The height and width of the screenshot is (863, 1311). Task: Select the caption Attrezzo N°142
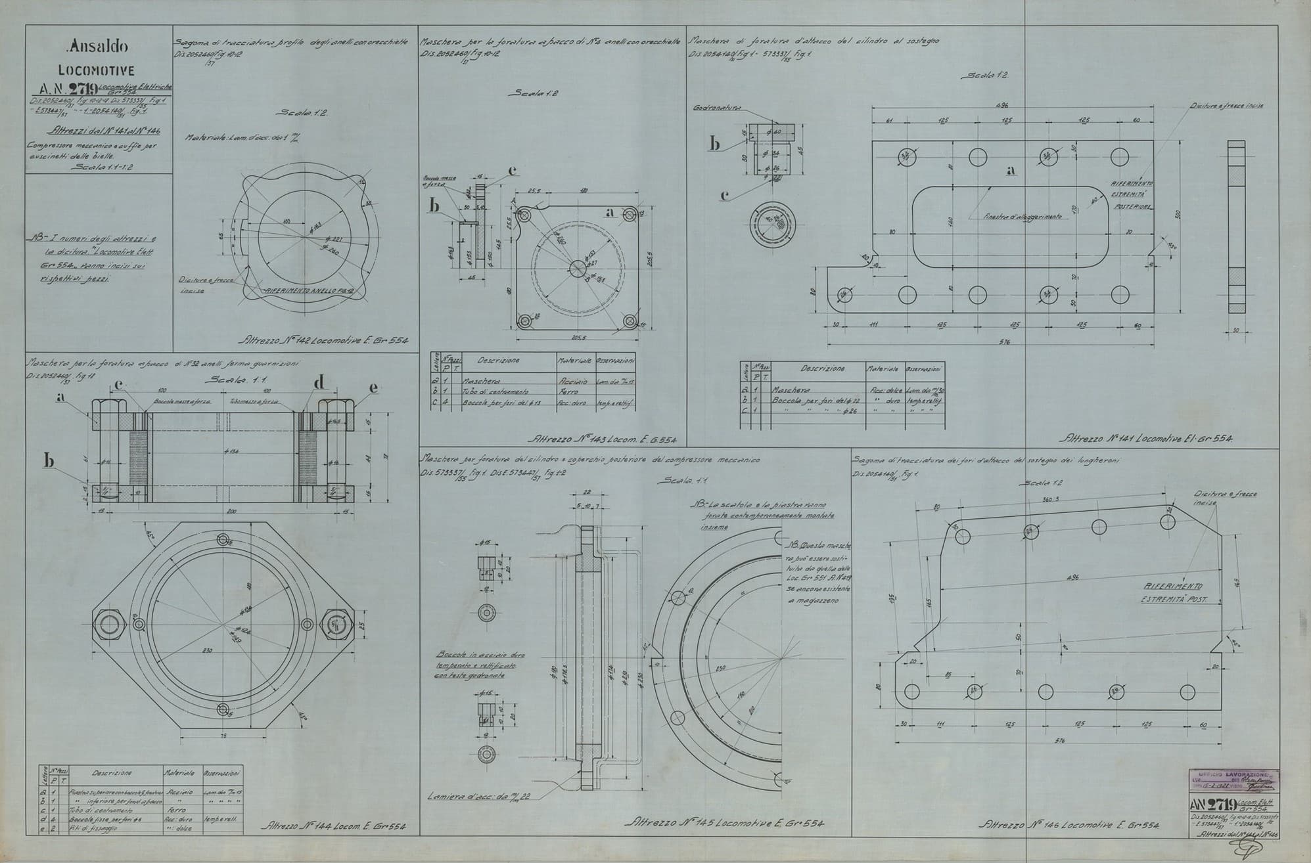pyautogui.click(x=325, y=341)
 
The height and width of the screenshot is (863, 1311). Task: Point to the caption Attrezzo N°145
pyautogui.click(x=723, y=823)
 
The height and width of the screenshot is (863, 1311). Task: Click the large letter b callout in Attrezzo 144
pyautogui.click(x=49, y=461)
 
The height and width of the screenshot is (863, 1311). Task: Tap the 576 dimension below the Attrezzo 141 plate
pyautogui.click(x=1003, y=342)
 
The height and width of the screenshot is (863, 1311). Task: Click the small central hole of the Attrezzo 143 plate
pyautogui.click(x=577, y=268)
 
